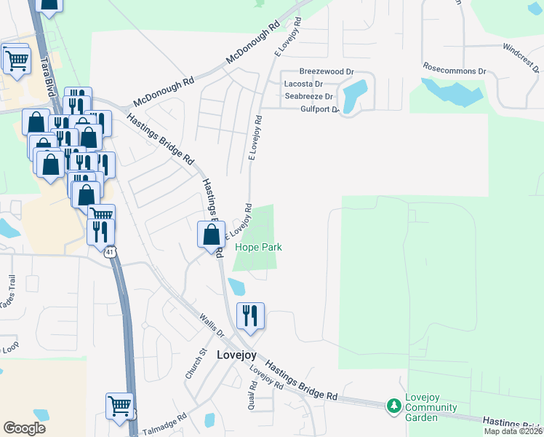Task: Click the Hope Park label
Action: click(258, 248)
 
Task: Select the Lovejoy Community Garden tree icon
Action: click(394, 404)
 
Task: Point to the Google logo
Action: click(24, 428)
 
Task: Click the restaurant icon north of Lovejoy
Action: click(249, 316)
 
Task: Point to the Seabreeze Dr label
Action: click(308, 96)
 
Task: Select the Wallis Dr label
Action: click(212, 325)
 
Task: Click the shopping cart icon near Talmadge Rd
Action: click(119, 406)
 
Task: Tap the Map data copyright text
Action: click(513, 431)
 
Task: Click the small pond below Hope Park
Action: click(236, 286)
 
